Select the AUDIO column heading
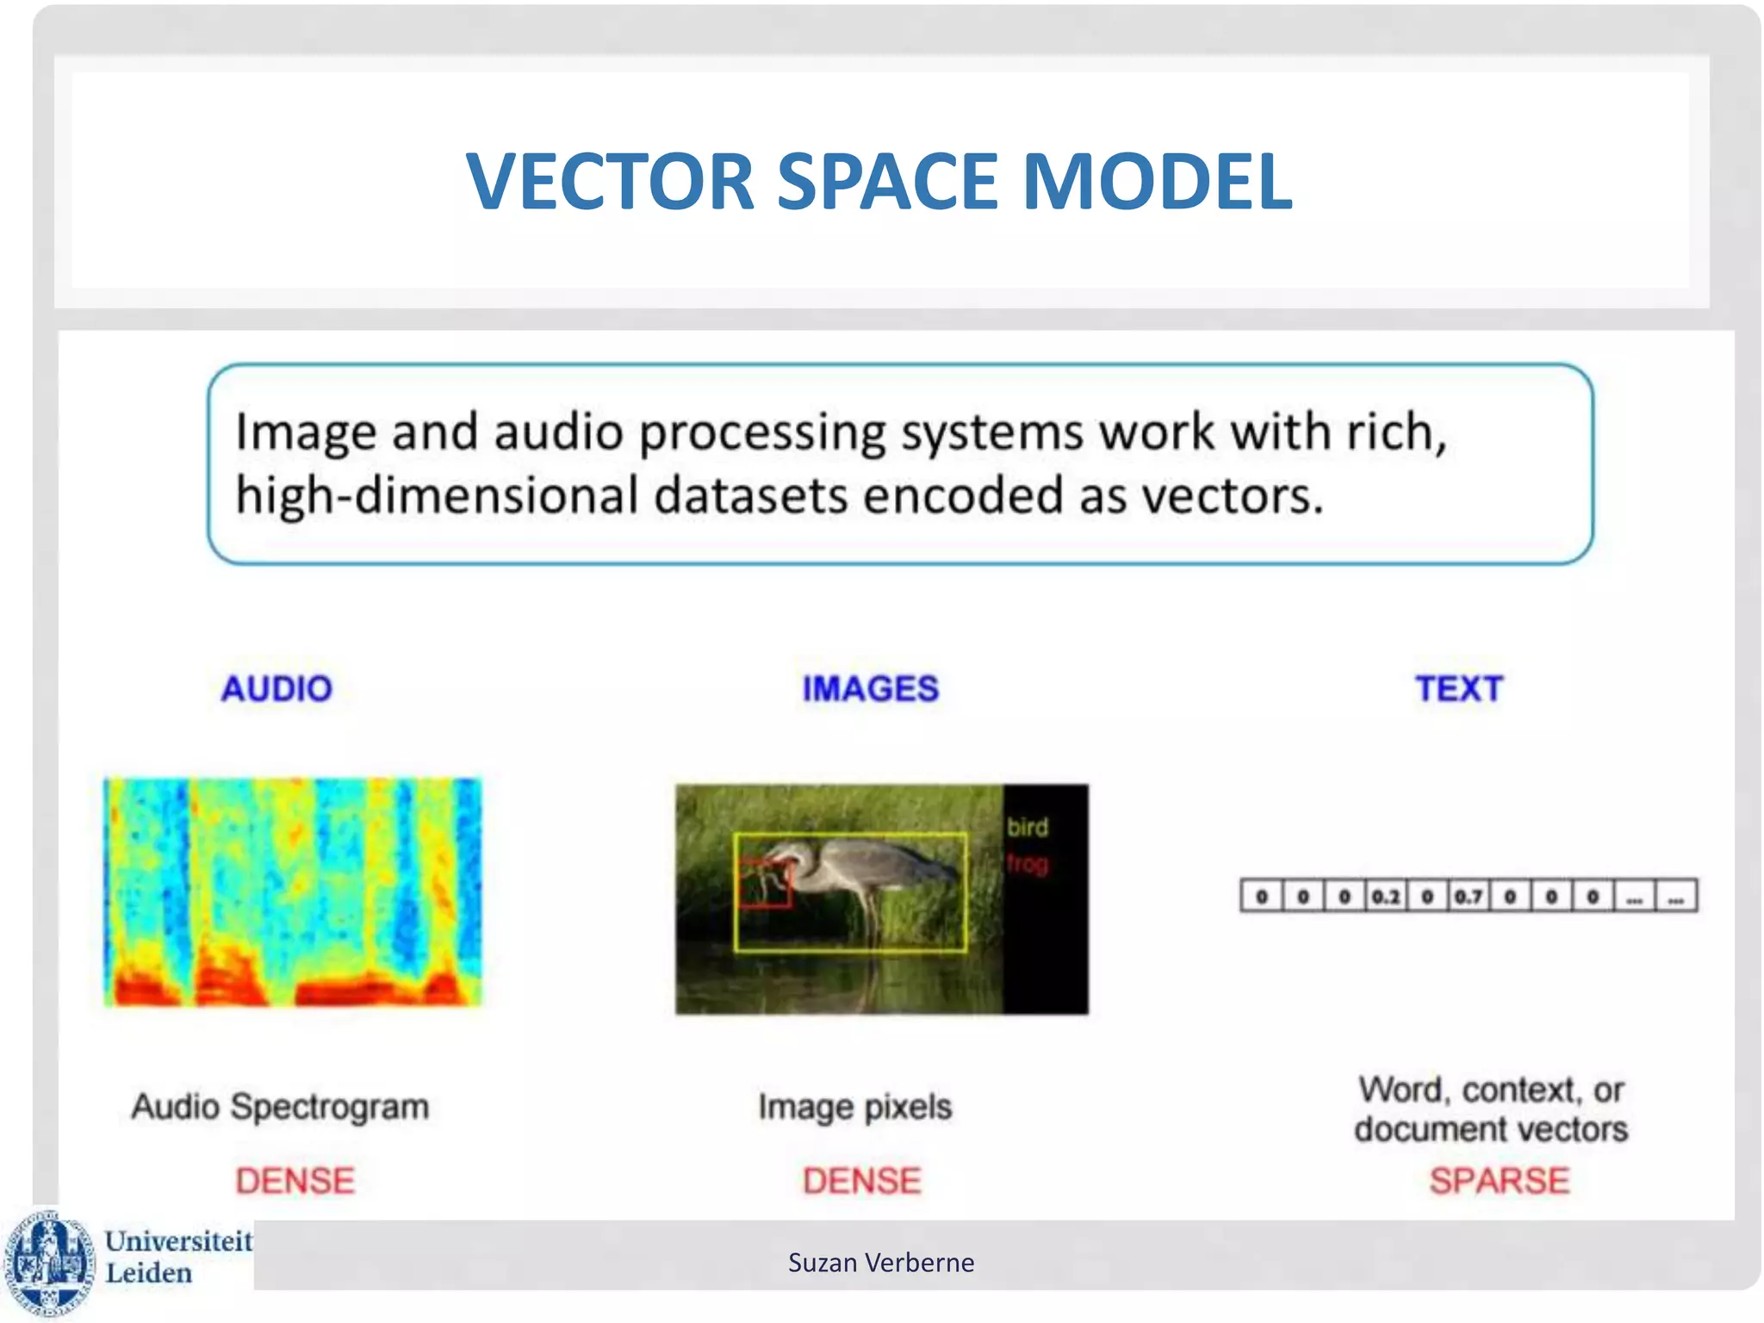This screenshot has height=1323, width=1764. click(x=276, y=689)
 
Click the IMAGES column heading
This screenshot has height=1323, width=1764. click(x=870, y=689)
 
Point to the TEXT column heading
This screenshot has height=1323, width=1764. click(x=1458, y=689)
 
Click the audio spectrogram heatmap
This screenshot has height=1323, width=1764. click(x=293, y=891)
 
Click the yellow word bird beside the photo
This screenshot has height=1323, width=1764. click(x=1027, y=827)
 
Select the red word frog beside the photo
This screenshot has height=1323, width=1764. click(x=1027, y=862)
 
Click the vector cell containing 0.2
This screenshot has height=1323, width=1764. click(x=1385, y=897)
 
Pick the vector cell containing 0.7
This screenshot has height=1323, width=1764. click(x=1468, y=897)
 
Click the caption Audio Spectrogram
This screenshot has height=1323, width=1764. click(x=280, y=1107)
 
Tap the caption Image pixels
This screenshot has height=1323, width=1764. click(x=854, y=1107)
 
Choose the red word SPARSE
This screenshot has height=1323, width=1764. click(x=1499, y=1181)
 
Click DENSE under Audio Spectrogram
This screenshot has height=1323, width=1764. click(x=295, y=1181)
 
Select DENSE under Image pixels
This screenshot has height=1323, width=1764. click(x=861, y=1181)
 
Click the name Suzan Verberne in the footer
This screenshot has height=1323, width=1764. click(x=880, y=1263)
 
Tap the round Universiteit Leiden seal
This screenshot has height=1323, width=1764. click(x=49, y=1263)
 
